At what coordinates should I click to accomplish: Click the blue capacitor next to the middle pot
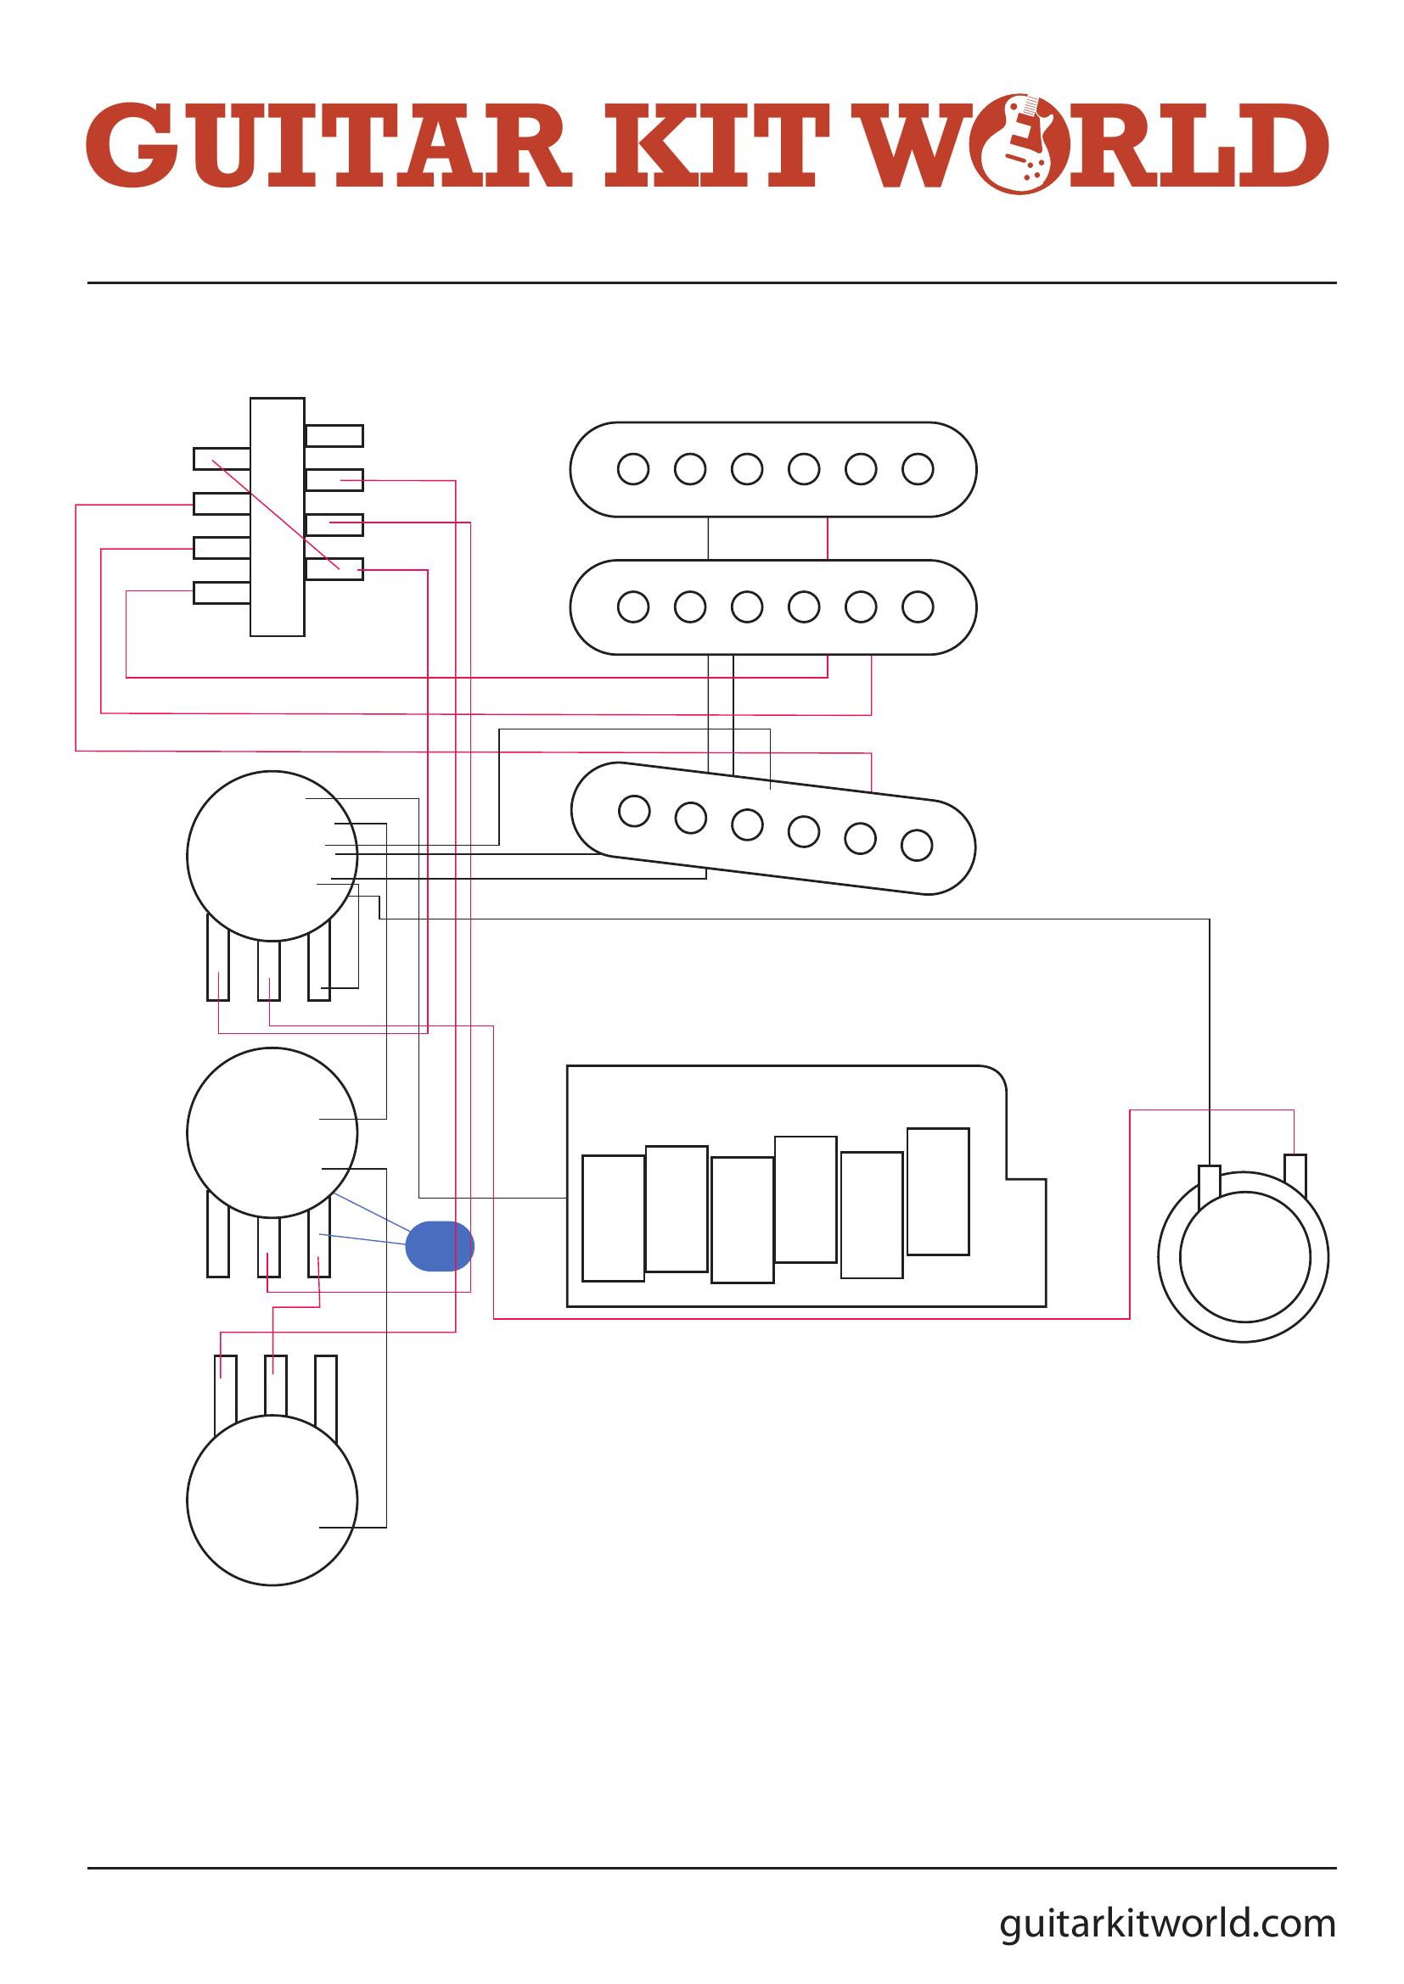440,1246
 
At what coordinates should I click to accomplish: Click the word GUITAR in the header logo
329,144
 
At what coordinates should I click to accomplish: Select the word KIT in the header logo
710,144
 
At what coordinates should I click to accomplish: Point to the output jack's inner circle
1244,1257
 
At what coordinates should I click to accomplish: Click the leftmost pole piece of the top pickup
634,469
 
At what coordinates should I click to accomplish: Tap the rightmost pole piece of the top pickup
918,469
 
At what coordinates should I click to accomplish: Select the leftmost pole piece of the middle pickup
634,606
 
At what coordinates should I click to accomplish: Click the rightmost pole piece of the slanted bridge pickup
917,845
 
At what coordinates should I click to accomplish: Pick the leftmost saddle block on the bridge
613,1218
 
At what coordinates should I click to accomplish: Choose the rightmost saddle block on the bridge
938,1191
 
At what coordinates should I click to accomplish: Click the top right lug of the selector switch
334,435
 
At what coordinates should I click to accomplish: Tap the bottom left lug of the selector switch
222,593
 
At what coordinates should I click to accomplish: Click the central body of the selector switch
278,517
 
